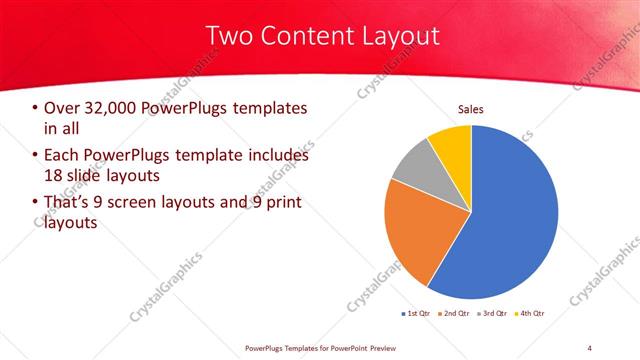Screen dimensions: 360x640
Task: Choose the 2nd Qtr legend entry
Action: tap(456, 314)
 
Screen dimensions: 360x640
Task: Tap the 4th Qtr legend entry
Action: tap(531, 314)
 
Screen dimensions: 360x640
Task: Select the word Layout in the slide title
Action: tap(401, 37)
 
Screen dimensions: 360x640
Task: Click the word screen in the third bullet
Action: tap(156, 204)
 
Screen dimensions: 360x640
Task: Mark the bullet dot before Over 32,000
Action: tap(37, 108)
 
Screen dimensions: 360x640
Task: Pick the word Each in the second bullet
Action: tap(63, 156)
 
